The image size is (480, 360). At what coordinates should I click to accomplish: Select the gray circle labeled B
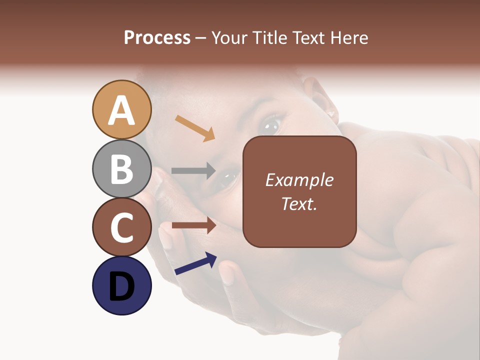click(x=122, y=169)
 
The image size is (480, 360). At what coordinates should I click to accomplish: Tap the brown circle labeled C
click(x=122, y=227)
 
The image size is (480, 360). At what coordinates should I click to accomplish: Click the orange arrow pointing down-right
click(x=195, y=128)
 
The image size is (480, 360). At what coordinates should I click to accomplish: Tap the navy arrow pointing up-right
click(x=195, y=263)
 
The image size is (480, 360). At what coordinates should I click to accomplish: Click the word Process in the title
click(x=157, y=38)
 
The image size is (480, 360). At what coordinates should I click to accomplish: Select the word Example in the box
click(x=299, y=180)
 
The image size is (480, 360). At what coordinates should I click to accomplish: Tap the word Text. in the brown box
click(x=299, y=203)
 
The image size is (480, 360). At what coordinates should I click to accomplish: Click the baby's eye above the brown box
click(x=271, y=122)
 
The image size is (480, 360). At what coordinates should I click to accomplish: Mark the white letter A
click(x=122, y=110)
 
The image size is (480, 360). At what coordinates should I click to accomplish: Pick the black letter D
click(x=122, y=287)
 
